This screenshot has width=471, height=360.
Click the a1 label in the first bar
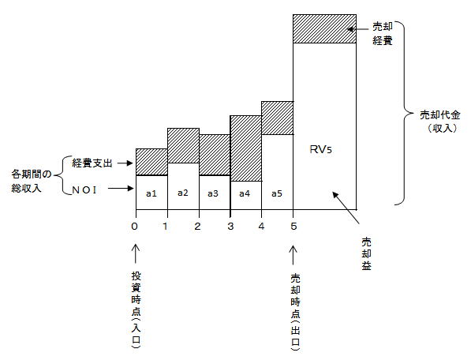click(x=151, y=193)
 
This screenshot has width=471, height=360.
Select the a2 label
click(x=182, y=193)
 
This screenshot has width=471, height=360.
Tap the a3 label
click(x=213, y=193)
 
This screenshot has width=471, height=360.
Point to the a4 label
click(x=245, y=193)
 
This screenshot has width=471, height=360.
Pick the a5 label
click(x=277, y=193)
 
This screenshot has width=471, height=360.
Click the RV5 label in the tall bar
click(x=321, y=149)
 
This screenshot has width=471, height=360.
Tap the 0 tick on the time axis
click(x=135, y=226)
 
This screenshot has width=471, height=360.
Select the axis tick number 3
click(x=230, y=226)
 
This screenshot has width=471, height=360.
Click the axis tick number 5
click(x=293, y=226)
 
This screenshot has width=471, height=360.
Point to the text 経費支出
click(x=92, y=163)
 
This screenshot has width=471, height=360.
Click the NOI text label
click(x=84, y=190)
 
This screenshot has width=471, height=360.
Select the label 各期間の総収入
click(x=32, y=182)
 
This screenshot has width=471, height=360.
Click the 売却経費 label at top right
click(x=383, y=33)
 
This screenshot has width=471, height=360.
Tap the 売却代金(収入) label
click(x=440, y=122)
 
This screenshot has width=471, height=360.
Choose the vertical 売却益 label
click(x=366, y=254)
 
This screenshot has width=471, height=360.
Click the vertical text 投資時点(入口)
click(x=136, y=309)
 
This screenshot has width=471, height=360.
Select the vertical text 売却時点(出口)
click(x=295, y=312)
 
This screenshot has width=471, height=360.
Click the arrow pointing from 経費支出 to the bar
click(x=125, y=163)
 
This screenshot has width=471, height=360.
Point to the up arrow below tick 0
click(x=136, y=253)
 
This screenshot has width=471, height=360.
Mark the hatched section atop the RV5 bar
click(x=324, y=29)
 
